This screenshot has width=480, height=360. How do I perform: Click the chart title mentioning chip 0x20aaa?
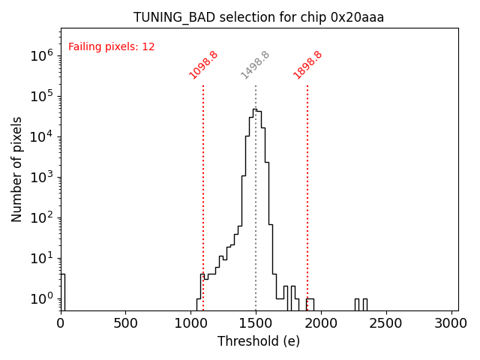(259, 17)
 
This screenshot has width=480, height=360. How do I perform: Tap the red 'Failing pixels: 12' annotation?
(112, 46)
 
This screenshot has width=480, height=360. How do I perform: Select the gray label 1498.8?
(255, 64)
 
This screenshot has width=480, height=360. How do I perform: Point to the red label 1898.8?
(307, 64)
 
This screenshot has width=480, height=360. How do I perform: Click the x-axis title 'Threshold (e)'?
(259, 341)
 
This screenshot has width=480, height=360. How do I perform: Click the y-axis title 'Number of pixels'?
(17, 169)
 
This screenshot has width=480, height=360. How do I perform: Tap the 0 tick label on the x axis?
(61, 323)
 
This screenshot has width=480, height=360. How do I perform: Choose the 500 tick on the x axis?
(125, 323)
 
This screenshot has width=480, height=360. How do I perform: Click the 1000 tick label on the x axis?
(190, 323)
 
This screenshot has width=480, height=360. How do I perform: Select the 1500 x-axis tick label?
(256, 323)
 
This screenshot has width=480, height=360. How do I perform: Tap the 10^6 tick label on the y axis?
(40, 55)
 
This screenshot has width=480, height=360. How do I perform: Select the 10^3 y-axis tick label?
(40, 177)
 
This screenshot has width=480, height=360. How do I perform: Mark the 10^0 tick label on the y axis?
(40, 299)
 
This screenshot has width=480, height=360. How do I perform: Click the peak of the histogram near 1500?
(255, 110)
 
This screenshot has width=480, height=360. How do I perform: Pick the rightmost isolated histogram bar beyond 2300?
(364, 304)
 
